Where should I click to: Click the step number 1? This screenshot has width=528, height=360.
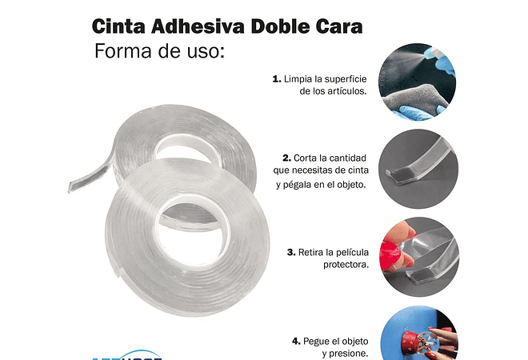[x=277, y=79]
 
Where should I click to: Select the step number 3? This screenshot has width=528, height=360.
[x=290, y=252]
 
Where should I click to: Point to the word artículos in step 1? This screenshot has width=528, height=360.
[x=346, y=92]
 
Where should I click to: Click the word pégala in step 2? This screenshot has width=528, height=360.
[x=294, y=185]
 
